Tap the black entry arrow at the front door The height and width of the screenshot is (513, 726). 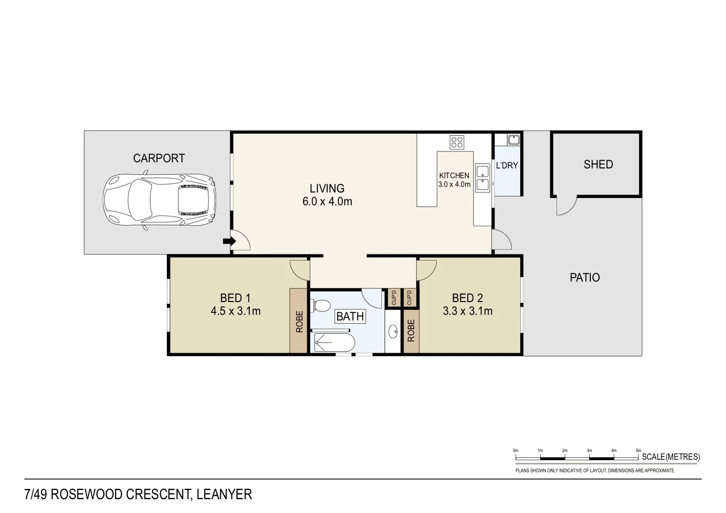point(228,241)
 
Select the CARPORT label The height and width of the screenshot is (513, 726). point(159,159)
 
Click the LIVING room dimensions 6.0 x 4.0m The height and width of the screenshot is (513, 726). point(327,202)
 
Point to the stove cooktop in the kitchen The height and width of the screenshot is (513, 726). point(457,142)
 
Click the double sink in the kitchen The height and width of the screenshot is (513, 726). point(482,178)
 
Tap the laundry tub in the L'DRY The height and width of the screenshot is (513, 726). point(514,139)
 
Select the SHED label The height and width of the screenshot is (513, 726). point(598,164)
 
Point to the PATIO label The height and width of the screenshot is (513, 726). point(585,277)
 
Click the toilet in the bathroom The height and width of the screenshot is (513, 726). point(321,306)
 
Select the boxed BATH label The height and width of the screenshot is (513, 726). point(350,316)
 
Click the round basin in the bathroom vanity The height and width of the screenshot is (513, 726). point(393,332)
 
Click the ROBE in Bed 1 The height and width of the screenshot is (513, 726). point(299,322)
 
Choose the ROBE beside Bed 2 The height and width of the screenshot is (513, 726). point(411,331)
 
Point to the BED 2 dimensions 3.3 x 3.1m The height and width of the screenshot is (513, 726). point(467,311)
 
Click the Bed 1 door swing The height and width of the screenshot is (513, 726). point(298,269)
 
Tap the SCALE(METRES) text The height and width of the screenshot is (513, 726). point(671,457)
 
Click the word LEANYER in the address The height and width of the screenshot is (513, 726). point(224,495)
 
